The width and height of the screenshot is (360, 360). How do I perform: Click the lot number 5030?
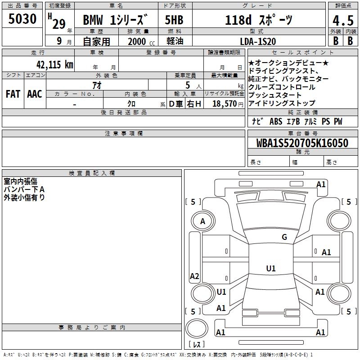coord(22,19)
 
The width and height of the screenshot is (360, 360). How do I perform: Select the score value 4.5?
coord(342,21)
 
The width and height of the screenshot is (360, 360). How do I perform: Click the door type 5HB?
coord(174,20)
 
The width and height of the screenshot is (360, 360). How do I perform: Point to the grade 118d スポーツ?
coord(258,20)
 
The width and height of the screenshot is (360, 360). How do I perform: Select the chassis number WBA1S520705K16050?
coord(302,143)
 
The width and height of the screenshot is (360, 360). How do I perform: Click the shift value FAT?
coord(13,94)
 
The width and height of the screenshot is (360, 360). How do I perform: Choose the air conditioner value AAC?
coord(35,94)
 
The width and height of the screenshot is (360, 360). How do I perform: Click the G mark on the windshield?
coord(284,237)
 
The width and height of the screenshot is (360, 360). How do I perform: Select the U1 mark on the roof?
coord(270,269)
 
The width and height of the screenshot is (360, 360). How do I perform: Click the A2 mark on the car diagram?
coord(194,276)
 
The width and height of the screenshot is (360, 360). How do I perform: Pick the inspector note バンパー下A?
coord(24,189)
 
